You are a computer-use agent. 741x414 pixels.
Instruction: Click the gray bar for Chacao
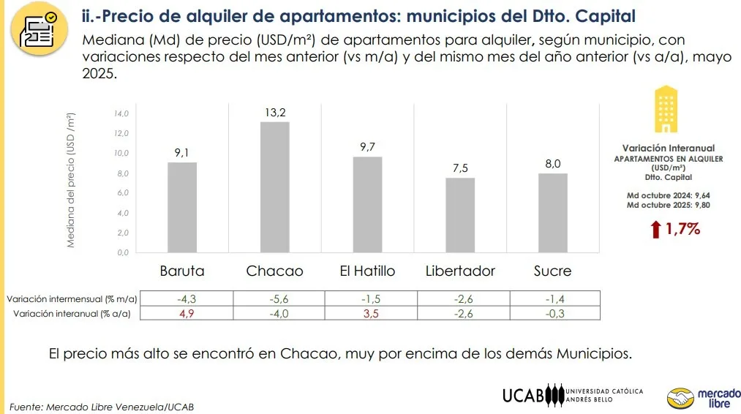[275, 187]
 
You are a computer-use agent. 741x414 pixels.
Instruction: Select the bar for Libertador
[460, 215]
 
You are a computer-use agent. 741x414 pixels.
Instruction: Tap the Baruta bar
[182, 207]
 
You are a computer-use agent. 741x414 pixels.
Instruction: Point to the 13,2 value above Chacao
[275, 112]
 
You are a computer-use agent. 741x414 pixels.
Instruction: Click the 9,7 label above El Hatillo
[367, 147]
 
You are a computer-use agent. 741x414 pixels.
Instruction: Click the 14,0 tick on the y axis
[121, 114]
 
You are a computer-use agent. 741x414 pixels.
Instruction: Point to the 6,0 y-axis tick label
[121, 193]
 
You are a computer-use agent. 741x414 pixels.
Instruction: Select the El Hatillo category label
[367, 271]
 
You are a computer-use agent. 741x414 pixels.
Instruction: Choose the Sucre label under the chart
[552, 271]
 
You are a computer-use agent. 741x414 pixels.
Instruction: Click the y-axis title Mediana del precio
[71, 180]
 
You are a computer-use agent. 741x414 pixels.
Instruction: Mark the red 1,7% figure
[682, 229]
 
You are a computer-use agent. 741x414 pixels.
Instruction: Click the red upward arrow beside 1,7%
[655, 230]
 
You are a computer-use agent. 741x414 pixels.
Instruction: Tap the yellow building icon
[665, 109]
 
